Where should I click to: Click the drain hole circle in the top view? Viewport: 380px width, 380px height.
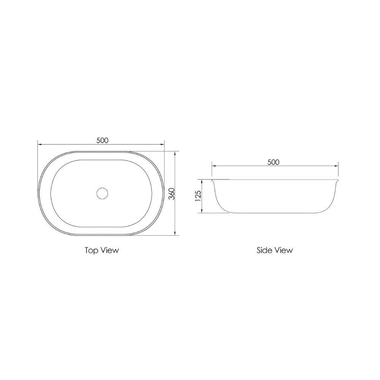102,193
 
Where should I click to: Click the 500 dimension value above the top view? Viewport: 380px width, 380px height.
102,140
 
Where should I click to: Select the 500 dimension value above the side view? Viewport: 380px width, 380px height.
273,162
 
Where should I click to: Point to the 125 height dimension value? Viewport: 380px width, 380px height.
198,196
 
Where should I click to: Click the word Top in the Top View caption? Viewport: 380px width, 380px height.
91,250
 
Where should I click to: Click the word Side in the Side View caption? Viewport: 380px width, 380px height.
264,250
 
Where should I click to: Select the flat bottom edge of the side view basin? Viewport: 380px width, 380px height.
274,213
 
